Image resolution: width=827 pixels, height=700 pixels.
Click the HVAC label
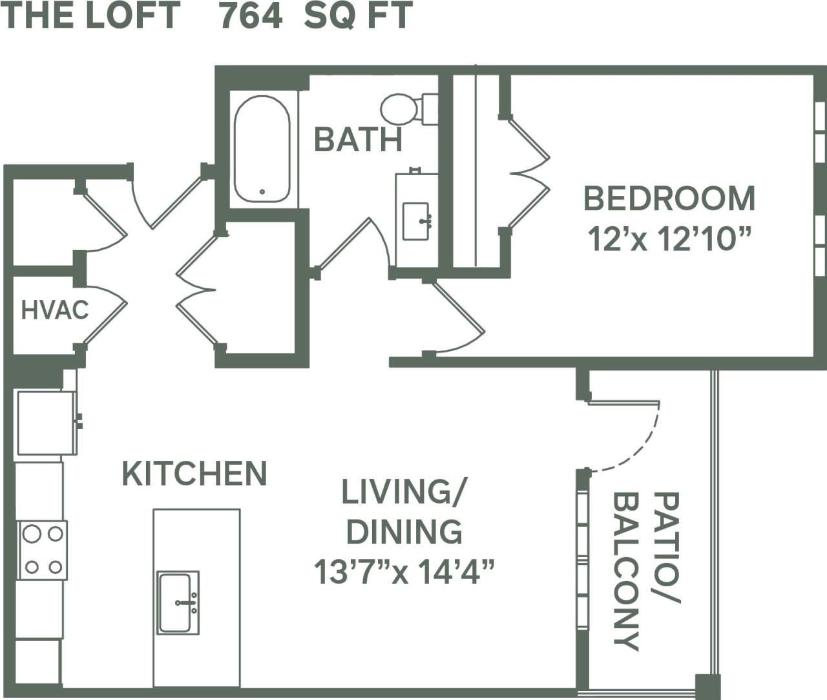tap(54, 310)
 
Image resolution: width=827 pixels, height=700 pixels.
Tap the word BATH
tap(358, 140)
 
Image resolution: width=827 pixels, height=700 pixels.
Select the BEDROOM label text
tap(669, 198)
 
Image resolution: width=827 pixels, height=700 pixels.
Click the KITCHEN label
tap(194, 474)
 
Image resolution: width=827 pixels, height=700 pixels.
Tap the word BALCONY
tap(626, 571)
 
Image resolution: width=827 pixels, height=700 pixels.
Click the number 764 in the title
tap(251, 16)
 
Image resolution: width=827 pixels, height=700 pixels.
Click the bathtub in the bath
tap(262, 149)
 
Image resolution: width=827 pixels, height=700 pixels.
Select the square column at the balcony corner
tap(707, 686)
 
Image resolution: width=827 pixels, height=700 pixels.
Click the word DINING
tap(404, 532)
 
